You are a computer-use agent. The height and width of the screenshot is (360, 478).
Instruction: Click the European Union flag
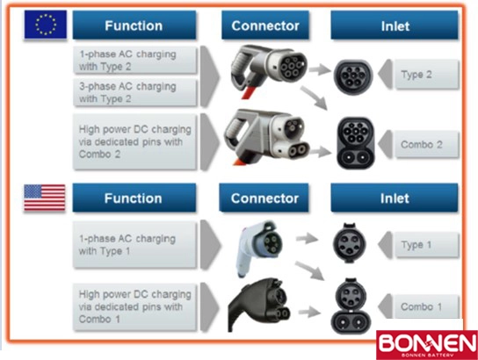tap(46, 25)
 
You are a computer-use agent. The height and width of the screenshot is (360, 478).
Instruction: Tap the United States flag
tap(45, 198)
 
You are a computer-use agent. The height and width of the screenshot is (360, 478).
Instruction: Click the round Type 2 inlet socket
tap(353, 76)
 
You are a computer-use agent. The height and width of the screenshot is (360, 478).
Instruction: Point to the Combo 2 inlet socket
tap(356, 142)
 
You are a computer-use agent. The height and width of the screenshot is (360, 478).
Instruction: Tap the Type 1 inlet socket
tap(349, 243)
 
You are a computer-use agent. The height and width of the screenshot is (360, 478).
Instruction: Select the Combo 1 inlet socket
tap(351, 306)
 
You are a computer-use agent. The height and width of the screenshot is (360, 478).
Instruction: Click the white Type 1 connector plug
tap(259, 248)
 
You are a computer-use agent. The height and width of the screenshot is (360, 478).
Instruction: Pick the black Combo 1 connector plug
tap(258, 305)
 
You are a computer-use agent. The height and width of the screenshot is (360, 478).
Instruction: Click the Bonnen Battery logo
tap(427, 345)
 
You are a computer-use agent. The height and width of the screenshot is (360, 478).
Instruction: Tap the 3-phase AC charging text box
tap(134, 92)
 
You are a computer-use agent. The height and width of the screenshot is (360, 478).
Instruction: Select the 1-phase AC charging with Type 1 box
tap(134, 245)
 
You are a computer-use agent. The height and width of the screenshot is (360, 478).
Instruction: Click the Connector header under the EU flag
tap(264, 25)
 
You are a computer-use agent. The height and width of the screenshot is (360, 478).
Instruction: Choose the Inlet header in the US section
tap(395, 198)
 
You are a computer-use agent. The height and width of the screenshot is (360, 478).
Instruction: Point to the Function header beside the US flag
tap(134, 198)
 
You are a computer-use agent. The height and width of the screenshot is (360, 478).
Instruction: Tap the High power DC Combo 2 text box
tap(134, 141)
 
